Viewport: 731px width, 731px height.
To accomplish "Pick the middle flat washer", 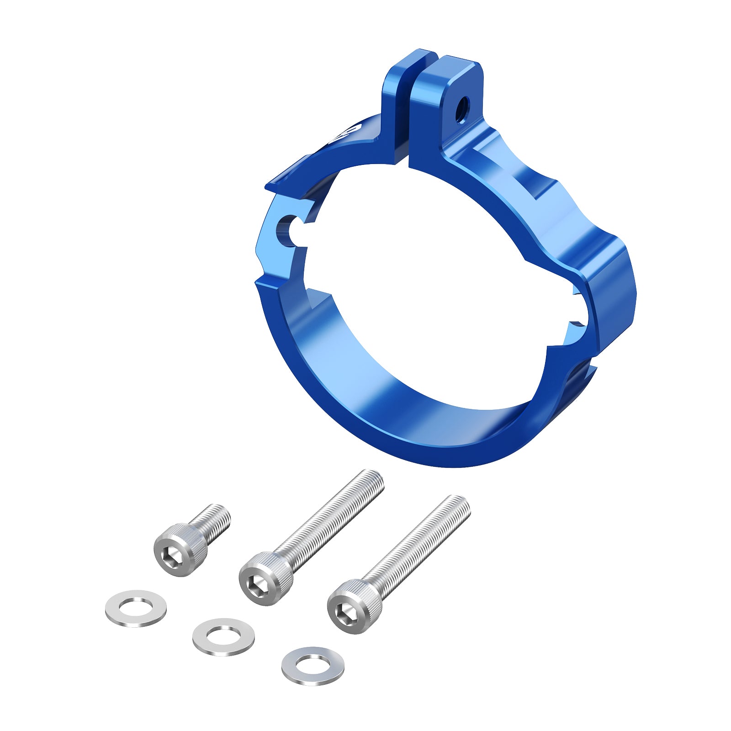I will [x=223, y=637].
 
